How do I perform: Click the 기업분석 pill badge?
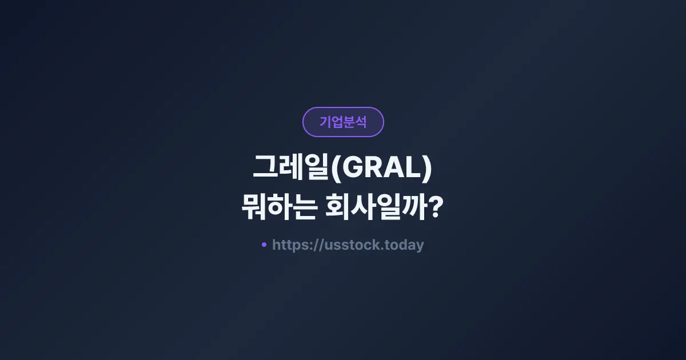click(343, 122)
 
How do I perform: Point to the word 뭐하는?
click(277, 207)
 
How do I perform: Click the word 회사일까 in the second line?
click(375, 207)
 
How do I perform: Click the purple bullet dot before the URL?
click(264, 245)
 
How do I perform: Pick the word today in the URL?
click(404, 245)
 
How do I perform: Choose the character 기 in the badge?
click(325, 122)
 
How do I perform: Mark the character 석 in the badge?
click(361, 122)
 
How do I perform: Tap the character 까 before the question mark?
click(414, 207)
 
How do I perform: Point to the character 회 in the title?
click(337, 207)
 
